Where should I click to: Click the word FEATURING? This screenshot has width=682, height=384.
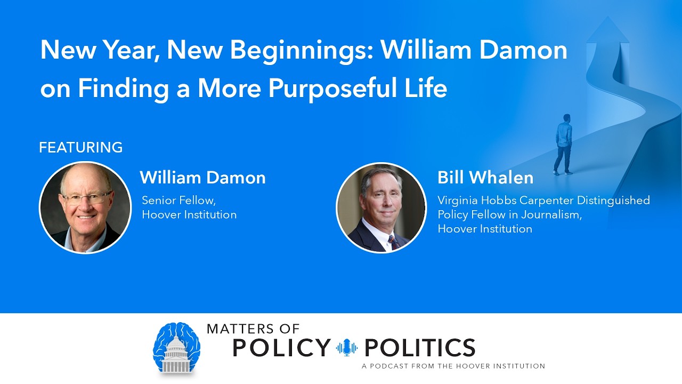point(80,147)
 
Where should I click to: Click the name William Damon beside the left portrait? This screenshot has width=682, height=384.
point(202,178)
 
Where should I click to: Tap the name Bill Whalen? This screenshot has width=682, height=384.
point(485,178)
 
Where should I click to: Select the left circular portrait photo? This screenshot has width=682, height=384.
point(85,207)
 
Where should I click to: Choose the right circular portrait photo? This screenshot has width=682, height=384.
point(381,207)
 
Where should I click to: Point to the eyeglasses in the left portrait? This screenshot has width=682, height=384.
point(87,198)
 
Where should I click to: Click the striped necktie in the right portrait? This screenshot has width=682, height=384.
point(393,242)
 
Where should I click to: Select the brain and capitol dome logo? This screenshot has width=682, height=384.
point(176,348)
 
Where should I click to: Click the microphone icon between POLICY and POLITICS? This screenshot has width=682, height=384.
point(347,348)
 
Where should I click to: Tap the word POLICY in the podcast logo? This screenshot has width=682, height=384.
point(281,347)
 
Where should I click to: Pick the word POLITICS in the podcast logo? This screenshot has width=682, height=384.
point(419,347)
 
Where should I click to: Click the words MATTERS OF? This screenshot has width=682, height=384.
point(253,329)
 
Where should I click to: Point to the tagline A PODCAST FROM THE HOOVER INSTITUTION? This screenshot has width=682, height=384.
point(453,366)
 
